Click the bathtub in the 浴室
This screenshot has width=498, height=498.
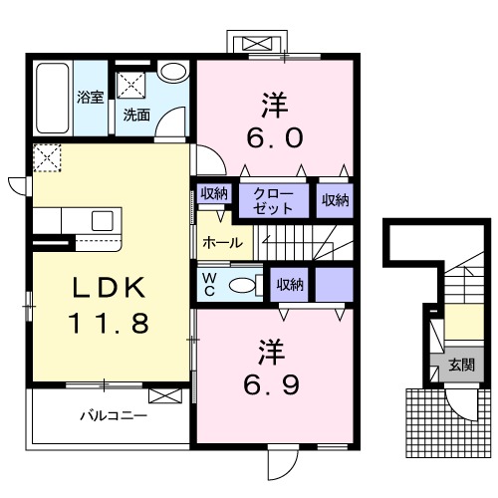tap(53, 99)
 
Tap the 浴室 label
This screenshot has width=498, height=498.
tap(91, 97)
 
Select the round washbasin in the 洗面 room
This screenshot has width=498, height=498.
tap(173, 71)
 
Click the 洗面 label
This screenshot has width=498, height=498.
tap(136, 115)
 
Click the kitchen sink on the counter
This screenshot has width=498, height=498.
tap(103, 220)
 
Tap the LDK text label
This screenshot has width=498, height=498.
tap(110, 288)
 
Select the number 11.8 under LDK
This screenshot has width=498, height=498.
tap(109, 323)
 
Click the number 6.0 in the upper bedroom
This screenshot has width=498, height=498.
tap(275, 138)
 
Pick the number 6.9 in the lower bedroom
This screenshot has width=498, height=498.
tap(272, 384)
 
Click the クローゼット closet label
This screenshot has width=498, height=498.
tap(274, 201)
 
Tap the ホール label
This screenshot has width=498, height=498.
tap(223, 243)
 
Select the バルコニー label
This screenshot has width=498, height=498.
tap(114, 415)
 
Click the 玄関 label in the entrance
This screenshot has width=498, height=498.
tap(462, 365)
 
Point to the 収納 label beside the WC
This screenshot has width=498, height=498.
tap(290, 285)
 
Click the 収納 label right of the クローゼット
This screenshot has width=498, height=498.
tap(336, 200)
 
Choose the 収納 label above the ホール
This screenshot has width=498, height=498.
tap(214, 193)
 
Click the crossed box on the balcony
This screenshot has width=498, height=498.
tap(165, 396)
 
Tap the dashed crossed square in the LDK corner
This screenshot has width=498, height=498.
tap(47, 157)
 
